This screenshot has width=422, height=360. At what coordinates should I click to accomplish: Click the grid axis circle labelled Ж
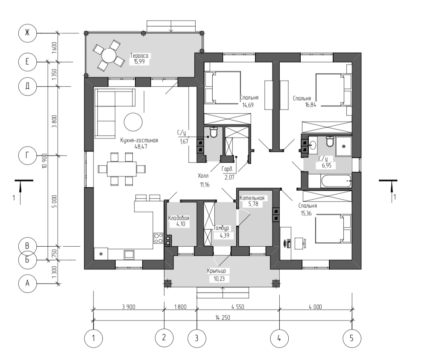pos(27,33)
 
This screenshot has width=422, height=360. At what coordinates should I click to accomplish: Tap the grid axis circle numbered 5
pos(352,338)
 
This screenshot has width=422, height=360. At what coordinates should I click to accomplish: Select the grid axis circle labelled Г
pos(27,156)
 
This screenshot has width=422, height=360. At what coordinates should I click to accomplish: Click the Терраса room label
pos(139,56)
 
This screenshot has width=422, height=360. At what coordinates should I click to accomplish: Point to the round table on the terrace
pos(108,56)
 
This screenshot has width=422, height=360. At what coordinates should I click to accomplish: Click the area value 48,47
pos(141,147)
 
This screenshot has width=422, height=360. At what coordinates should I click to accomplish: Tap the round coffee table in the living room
pos(133,122)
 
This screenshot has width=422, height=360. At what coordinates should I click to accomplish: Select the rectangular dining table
pos(122,169)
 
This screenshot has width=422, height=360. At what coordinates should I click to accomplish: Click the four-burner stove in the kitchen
pos(158,238)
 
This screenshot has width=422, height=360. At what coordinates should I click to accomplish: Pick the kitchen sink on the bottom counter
pos(129,254)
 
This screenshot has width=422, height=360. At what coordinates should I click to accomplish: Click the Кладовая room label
pos(179,218)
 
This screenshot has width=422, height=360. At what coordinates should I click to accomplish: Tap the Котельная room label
pos(252,198)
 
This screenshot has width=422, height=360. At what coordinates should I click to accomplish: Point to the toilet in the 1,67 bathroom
pos(214,132)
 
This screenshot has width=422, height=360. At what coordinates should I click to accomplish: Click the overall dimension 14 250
pos(223,318)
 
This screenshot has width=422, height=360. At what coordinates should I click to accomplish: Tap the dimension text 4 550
pos(238,307)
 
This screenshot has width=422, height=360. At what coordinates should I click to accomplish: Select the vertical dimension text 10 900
pos(45,161)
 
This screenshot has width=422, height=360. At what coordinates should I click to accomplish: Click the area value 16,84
pos(311,105)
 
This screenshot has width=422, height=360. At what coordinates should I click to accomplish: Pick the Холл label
pos(203,176)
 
